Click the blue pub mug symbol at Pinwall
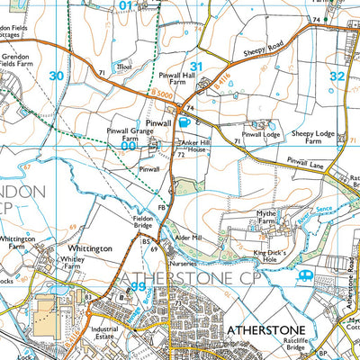pos(184,121)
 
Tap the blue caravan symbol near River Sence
pos(306,274)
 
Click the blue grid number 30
pos(57,76)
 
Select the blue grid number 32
pos(337,76)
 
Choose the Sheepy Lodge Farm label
pos(313,138)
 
